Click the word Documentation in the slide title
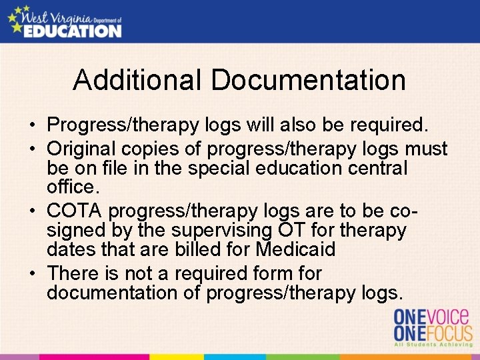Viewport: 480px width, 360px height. coord(309,80)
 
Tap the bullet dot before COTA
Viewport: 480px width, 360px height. coord(32,211)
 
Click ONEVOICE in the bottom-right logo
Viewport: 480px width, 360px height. coord(433,316)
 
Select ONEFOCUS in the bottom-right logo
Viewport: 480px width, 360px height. coord(433,333)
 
